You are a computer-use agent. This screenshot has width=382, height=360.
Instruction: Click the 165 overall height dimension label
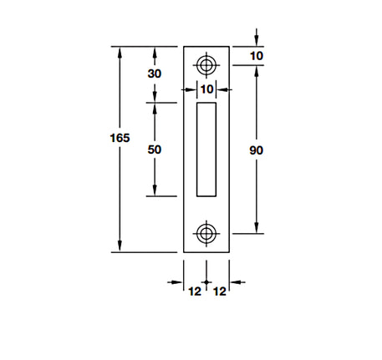[x=120, y=138]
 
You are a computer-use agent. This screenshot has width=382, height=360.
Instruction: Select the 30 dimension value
[x=154, y=74]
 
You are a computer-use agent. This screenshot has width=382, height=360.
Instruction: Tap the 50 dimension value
[x=154, y=150]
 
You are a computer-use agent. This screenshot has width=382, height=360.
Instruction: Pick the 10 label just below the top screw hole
[x=206, y=89]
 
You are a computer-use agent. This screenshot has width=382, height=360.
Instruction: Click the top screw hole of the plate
[x=206, y=64]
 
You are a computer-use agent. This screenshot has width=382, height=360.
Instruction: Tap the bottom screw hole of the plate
[x=206, y=233]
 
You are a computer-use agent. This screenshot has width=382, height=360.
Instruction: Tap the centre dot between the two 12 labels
[x=206, y=284]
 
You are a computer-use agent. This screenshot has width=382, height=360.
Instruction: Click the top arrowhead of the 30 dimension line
[x=154, y=52]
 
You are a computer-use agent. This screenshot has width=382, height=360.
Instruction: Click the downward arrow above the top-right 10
[x=257, y=41]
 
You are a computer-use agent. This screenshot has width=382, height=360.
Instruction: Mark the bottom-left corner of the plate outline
[x=184, y=252]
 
